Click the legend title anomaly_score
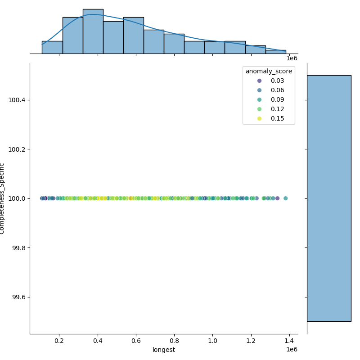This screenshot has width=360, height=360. click(x=269, y=71)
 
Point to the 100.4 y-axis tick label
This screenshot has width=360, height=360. click(x=17, y=100)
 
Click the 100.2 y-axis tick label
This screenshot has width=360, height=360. click(x=17, y=149)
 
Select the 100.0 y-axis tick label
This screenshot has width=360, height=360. click(x=17, y=198)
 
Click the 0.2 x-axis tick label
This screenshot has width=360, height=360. click(x=59, y=341)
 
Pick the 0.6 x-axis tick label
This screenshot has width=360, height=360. click(x=135, y=341)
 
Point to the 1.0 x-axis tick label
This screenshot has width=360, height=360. click(x=212, y=341)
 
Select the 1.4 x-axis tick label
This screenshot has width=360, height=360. click(x=289, y=341)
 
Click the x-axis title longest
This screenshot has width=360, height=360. click(x=164, y=350)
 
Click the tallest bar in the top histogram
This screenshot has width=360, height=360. click(x=93, y=31)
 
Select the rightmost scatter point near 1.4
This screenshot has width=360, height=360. click(x=285, y=198)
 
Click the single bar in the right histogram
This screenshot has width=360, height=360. click(x=329, y=198)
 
